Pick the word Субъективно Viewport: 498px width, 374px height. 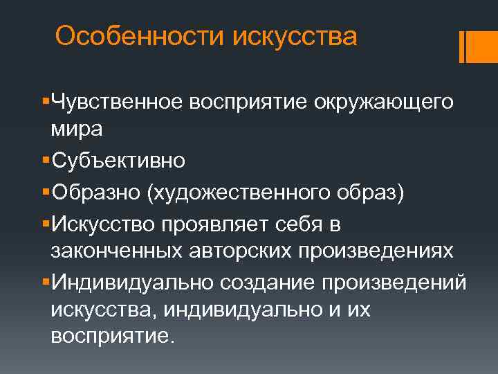118,161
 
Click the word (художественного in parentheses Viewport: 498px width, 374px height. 245,193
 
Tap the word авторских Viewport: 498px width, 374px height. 239,251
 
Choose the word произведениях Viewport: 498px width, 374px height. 376,251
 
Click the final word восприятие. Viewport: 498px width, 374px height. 109,337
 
